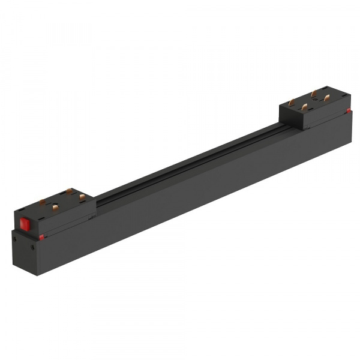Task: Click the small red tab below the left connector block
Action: point(41,237)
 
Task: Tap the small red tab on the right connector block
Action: point(349,111)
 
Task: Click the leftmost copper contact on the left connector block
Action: point(42,202)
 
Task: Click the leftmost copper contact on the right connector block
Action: point(292,103)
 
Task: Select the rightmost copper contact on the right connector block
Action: point(326,97)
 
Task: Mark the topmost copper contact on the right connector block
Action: point(314,93)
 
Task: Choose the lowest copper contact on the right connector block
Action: point(304,107)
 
